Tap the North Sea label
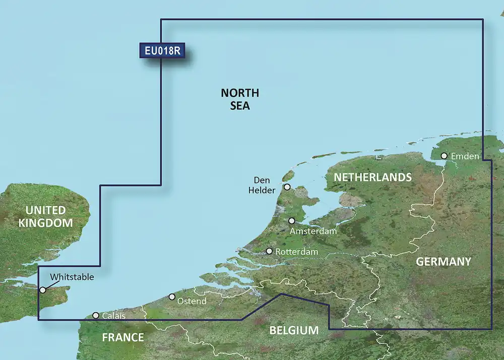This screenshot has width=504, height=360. [240, 99]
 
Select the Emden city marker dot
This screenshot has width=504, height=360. [444, 156]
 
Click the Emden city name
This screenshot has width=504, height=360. [465, 156]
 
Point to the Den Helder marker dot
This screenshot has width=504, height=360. [287, 187]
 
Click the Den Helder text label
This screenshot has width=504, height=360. [265, 185]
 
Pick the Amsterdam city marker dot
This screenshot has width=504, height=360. [292, 221]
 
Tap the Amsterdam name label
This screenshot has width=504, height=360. [313, 231]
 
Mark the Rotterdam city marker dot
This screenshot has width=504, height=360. [270, 251]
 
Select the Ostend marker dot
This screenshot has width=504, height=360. [172, 297]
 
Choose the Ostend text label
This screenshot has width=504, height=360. [192, 301]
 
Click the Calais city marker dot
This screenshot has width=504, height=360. [96, 316]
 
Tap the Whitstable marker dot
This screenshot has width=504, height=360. [43, 290]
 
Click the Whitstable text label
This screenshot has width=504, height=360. [72, 277]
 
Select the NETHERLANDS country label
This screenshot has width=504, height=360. [372, 177]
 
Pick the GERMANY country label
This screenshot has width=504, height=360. [443, 262]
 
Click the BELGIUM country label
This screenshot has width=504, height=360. [294, 331]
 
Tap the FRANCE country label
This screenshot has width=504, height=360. [123, 337]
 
